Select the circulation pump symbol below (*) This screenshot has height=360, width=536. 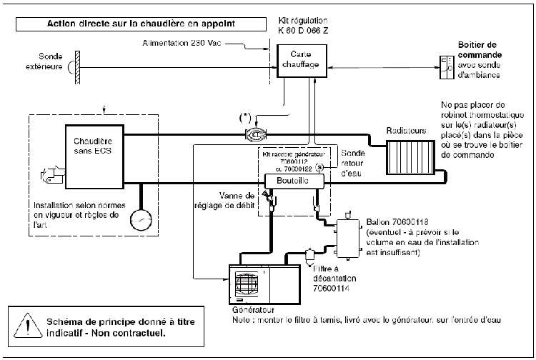(255, 134)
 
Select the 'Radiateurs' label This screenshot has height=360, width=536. (407, 131)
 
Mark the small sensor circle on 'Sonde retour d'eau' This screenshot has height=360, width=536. (319, 168)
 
